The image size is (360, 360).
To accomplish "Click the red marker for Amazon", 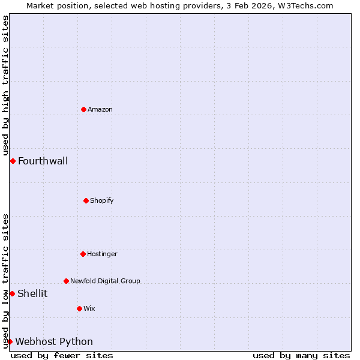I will coord(83,109).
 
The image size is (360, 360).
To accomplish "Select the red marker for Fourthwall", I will coord(13,161).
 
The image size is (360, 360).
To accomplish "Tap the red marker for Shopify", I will coord(86,200).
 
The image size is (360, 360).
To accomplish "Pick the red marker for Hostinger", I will coord(83,254).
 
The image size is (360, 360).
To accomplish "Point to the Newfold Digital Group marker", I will coord(66,281).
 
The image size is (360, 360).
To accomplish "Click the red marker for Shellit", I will coord(12,293).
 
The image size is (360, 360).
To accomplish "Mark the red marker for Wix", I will coord(79,308).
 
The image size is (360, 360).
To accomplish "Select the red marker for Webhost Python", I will coord(10,341).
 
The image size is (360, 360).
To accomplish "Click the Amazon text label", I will coord(100,109).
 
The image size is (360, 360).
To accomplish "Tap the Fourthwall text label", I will coord(43,161).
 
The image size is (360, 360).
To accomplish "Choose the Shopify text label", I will coord(102,200).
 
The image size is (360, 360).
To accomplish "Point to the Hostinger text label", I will coord(102,254).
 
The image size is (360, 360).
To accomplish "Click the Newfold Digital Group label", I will coord(105,281).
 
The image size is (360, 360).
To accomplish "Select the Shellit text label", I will coord(32,293).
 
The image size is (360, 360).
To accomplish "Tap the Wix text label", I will coord(89,308).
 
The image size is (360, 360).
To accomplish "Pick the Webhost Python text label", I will coord(54,341).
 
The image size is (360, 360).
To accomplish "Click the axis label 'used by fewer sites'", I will coord(62,355).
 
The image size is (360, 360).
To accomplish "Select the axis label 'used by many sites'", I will coord(301,355).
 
